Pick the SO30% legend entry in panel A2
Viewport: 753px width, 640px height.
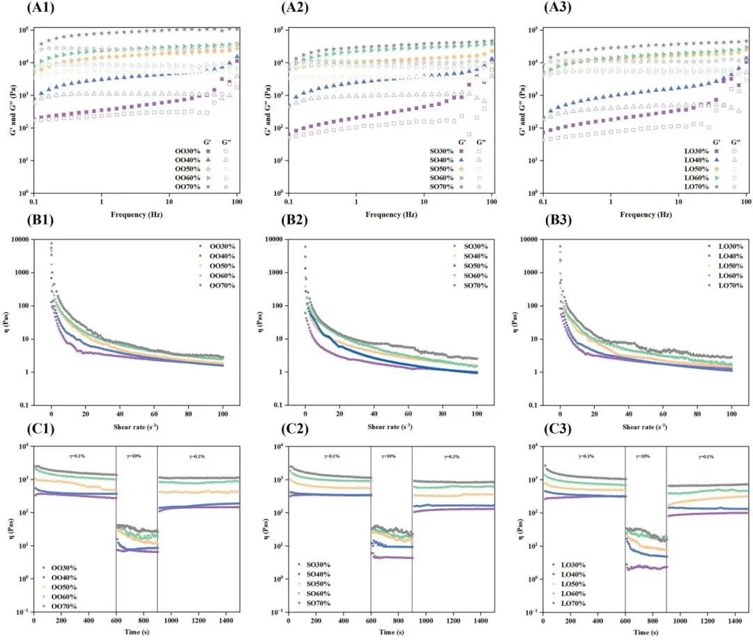tap(443, 151)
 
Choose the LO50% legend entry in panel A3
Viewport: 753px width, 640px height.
tap(697, 169)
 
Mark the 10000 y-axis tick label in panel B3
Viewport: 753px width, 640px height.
tap(527, 239)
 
